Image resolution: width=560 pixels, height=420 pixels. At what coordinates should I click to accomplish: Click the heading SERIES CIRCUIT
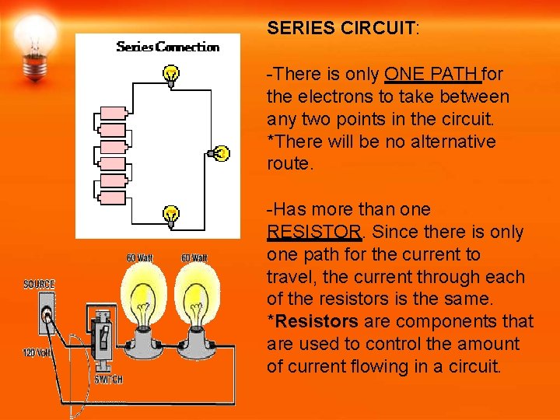pos(342,29)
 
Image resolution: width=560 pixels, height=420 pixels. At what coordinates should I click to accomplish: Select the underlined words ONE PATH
pos(432,75)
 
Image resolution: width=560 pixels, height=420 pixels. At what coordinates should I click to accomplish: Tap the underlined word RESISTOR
pos(313,233)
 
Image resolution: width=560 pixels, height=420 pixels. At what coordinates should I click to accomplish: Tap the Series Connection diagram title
pos(167,47)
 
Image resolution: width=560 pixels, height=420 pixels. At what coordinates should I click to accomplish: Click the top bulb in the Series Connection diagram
pos(170,75)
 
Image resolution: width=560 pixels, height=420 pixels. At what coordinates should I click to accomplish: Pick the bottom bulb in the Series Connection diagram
pos(171,214)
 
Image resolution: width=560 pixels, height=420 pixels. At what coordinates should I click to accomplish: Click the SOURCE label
pos(39,285)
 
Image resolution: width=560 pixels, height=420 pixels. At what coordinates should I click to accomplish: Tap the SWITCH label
pos(108,380)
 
